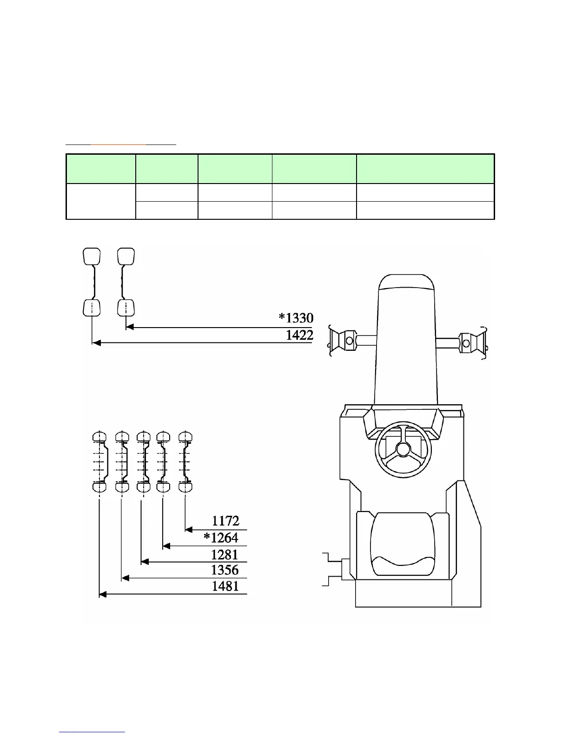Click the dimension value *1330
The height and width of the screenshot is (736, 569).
pos(296,318)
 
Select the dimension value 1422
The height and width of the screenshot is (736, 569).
pos(299,335)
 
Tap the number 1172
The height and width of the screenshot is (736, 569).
pos(225,520)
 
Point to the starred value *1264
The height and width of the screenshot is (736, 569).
pos(221,538)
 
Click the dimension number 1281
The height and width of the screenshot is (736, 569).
pos(225,555)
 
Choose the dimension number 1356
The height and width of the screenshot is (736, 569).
pos(225,570)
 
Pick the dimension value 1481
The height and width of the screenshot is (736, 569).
pos(225,586)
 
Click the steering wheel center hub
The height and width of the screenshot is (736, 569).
pos(403,450)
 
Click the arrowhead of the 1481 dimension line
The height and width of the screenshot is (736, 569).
pos(102,594)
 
